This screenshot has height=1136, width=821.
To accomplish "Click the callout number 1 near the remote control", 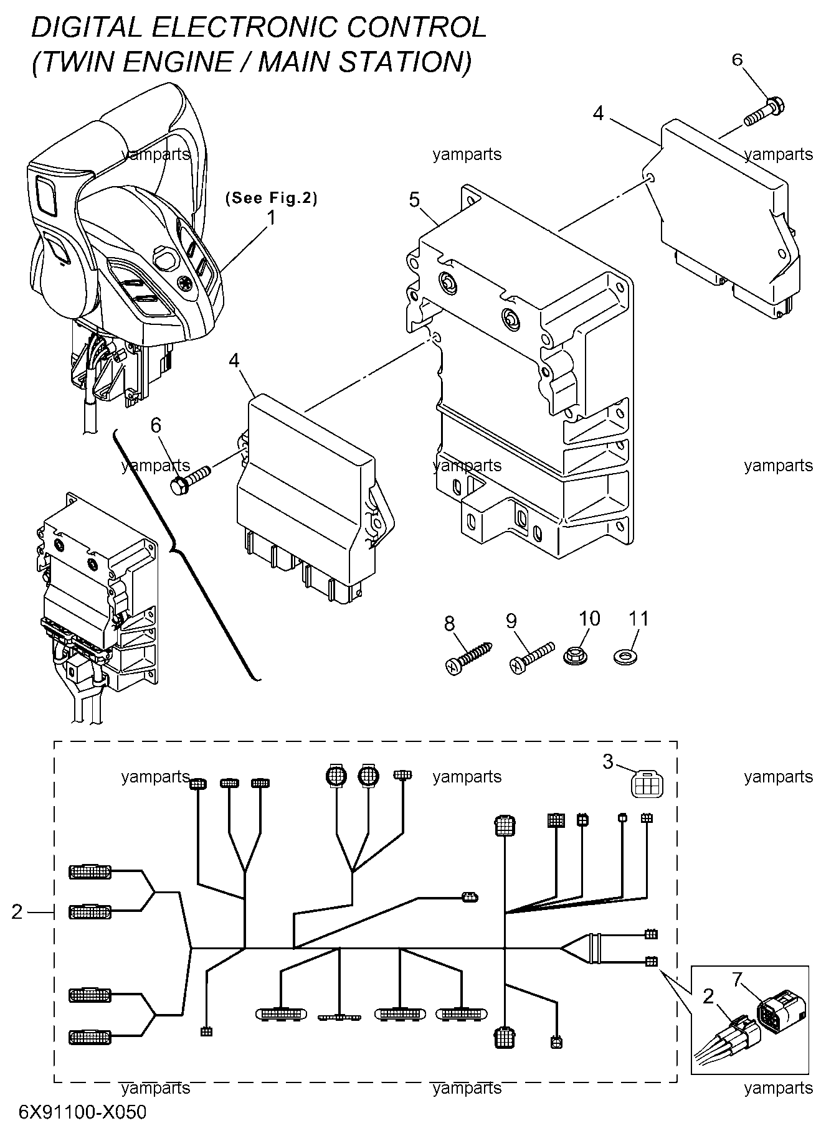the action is click(271, 218).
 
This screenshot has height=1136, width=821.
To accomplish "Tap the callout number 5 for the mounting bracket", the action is click(414, 200).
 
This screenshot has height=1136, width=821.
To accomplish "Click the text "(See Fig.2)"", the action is click(271, 198).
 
